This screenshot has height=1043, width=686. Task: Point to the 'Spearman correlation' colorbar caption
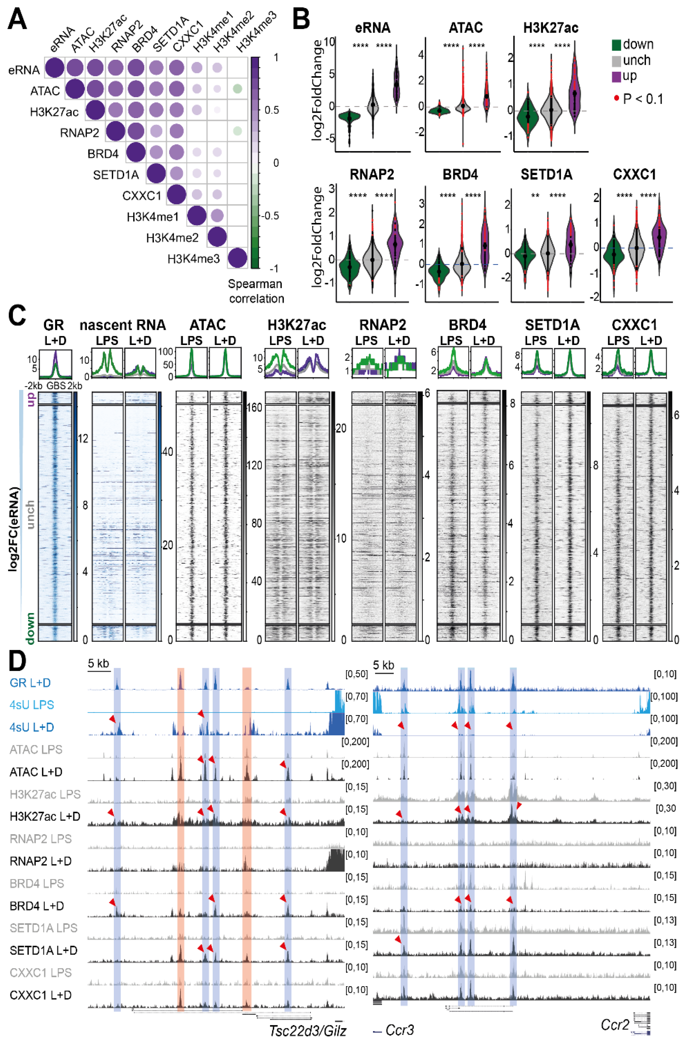point(256,291)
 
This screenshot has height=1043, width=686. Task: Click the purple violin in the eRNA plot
point(396,81)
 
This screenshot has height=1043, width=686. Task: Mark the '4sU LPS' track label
point(31,705)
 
